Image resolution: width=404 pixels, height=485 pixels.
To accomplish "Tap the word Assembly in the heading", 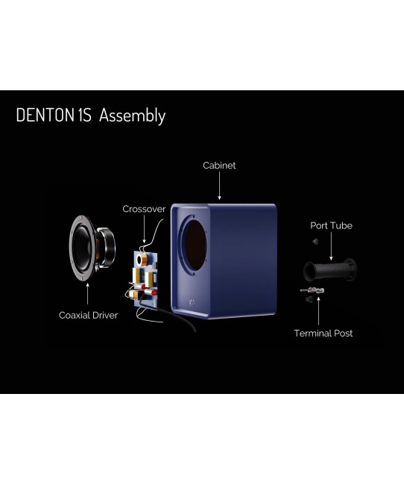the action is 132,116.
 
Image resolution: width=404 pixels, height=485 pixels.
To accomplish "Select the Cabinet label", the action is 219,166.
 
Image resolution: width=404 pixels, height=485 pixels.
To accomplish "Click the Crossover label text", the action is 144,209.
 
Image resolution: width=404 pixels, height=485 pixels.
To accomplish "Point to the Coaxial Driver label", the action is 89,316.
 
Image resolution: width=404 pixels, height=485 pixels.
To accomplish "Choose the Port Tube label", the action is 331,225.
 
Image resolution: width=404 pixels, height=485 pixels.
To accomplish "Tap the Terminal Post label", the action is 323,333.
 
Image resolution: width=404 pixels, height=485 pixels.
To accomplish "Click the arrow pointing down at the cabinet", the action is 219,186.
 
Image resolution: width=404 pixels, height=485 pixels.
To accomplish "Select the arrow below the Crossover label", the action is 144,229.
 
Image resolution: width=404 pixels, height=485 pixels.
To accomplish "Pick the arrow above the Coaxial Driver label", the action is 87,294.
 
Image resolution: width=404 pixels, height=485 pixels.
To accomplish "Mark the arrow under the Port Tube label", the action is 331,246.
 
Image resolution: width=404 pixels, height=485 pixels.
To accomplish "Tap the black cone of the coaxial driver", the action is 81,248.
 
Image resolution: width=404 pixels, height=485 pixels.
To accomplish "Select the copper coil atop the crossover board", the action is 142,260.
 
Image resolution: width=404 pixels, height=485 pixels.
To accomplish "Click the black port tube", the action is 329,270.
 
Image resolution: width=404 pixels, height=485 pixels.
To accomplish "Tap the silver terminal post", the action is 312,290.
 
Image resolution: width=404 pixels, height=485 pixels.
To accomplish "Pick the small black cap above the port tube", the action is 315,241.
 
